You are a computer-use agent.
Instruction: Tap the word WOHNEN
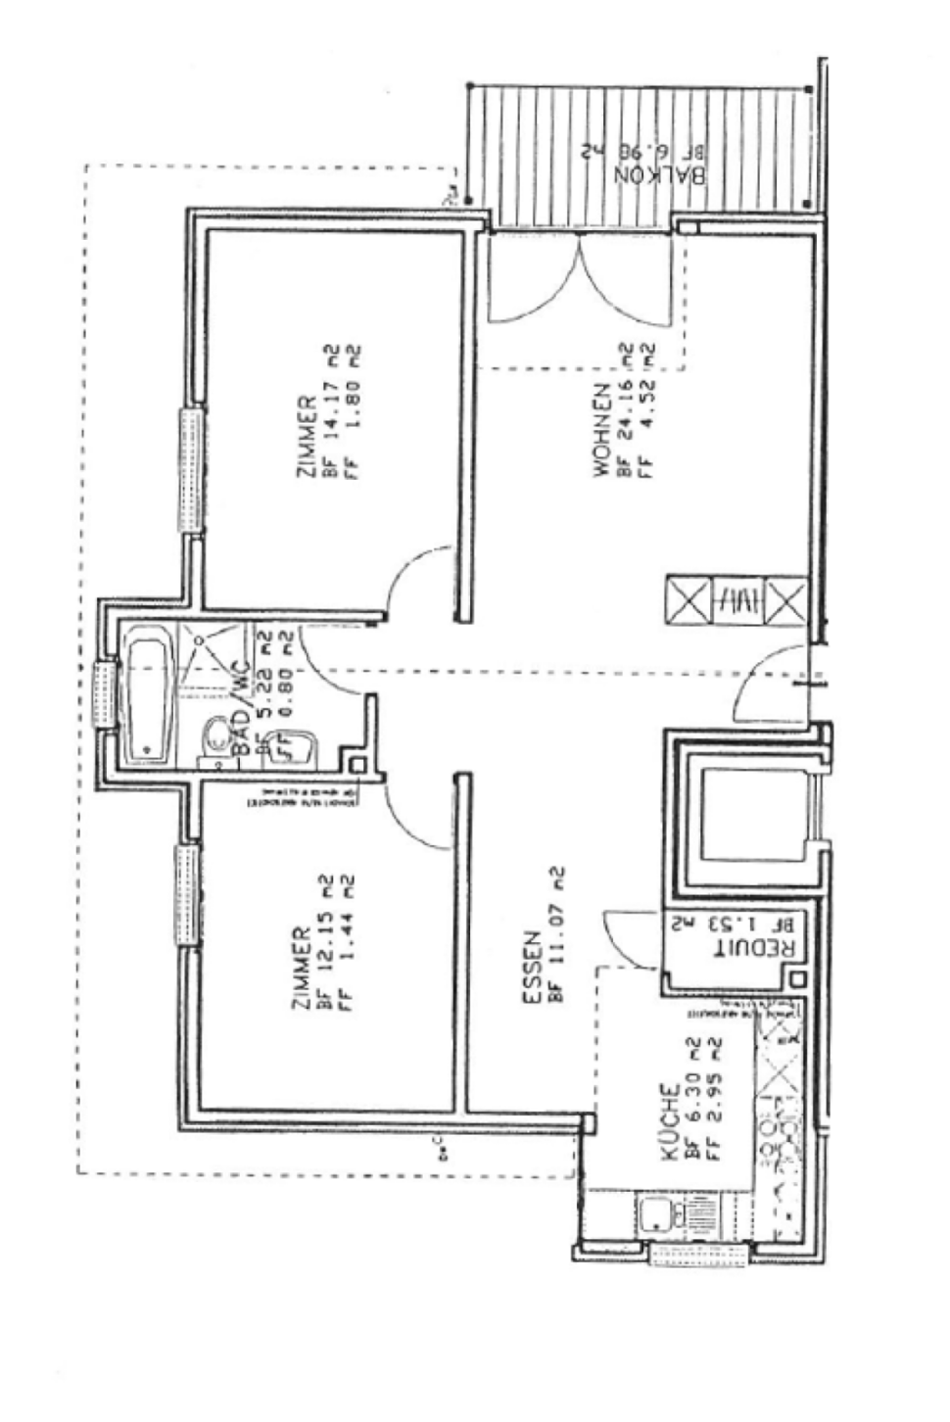599,431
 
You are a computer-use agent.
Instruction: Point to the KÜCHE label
670,1122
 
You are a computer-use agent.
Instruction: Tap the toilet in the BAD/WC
211,741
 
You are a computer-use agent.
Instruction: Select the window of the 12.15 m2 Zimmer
187,896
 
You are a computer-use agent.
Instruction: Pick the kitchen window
698,1255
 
